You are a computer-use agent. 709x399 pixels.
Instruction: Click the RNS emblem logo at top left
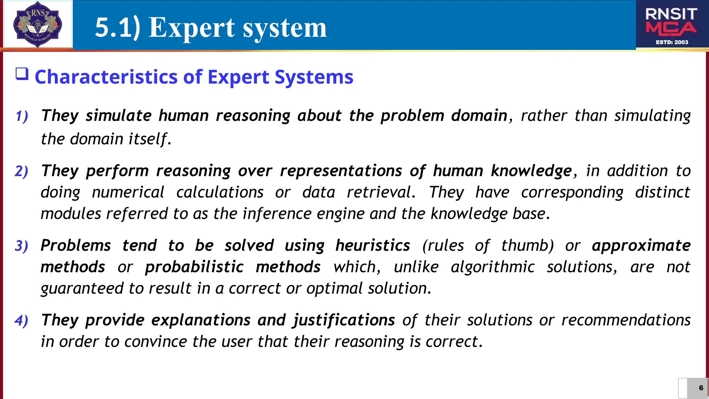37,24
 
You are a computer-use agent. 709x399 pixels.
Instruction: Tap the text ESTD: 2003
672,42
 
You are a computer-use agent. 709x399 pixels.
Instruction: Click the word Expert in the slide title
192,28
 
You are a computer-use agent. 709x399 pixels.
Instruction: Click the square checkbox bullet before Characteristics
22,74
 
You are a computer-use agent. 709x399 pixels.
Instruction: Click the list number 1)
22,116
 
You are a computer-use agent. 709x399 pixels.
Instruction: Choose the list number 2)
21,171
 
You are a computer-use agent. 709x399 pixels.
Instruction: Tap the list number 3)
21,246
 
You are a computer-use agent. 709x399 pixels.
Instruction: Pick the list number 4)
21,320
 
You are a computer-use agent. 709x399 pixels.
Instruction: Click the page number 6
701,388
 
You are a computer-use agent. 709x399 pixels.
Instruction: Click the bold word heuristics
373,246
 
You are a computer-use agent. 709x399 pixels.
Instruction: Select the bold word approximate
641,246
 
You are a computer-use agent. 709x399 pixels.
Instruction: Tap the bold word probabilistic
194,267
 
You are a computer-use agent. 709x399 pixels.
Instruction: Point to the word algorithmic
493,267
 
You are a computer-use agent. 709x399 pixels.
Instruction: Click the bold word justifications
344,320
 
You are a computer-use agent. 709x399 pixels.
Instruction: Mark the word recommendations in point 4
626,320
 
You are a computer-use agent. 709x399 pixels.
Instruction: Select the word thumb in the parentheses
527,246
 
